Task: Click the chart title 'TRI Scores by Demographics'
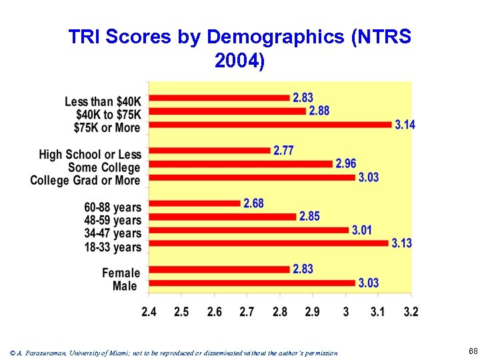pyautogui.click(x=240, y=49)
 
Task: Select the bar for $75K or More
pyautogui.click(x=270, y=125)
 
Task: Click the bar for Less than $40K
pyautogui.click(x=219, y=98)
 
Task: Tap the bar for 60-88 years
pyautogui.click(x=195, y=203)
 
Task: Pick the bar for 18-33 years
pyautogui.click(x=268, y=243)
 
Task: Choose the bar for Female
pyautogui.click(x=219, y=269)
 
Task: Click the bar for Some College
pyautogui.click(x=241, y=164)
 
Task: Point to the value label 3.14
pyautogui.click(x=405, y=125)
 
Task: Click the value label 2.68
pyautogui.click(x=253, y=203)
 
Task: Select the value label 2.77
pyautogui.click(x=283, y=151)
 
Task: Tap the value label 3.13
pyautogui.click(x=401, y=243)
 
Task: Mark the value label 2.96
pyautogui.click(x=345, y=164)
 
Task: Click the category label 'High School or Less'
pyautogui.click(x=90, y=155)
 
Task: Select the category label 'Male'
pyautogui.click(x=125, y=286)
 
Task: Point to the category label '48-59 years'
pyautogui.click(x=113, y=221)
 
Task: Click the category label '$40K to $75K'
pyautogui.click(x=108, y=115)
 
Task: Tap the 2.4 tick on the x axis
pyautogui.click(x=150, y=311)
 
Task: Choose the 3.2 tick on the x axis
pyautogui.click(x=411, y=311)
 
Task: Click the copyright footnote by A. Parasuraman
pyautogui.click(x=174, y=353)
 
